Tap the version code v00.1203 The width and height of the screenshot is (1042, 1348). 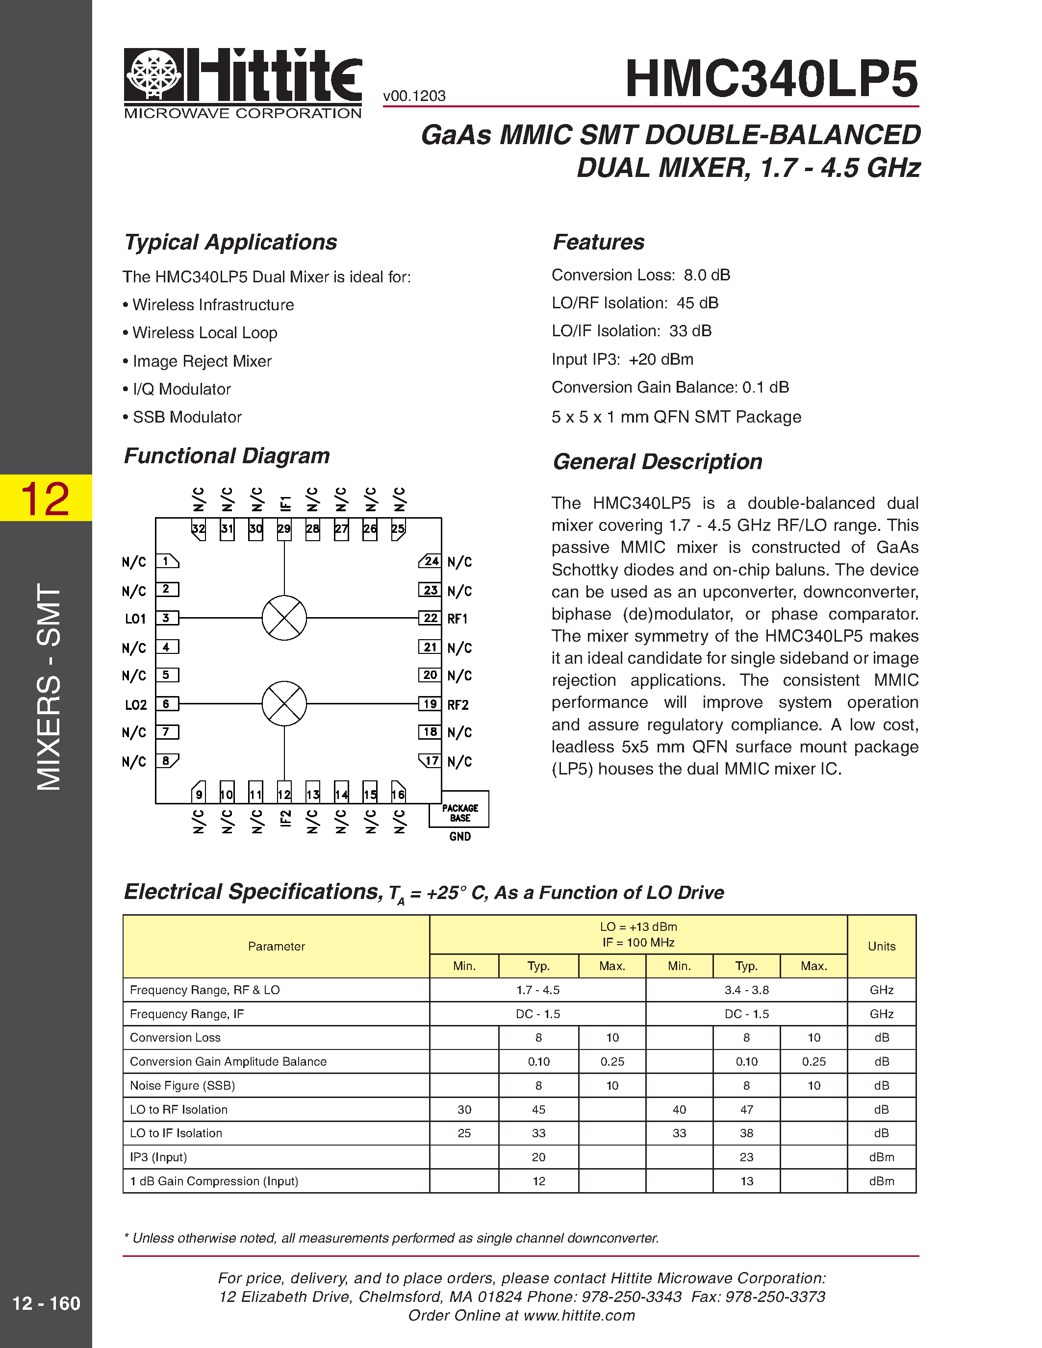(414, 96)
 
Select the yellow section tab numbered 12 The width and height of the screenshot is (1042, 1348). (46, 498)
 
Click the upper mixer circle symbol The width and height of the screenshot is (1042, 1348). (284, 618)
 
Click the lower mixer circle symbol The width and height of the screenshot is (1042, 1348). (284, 703)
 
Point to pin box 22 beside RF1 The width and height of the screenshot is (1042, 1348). (430, 618)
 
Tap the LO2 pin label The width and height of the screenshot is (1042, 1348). (136, 705)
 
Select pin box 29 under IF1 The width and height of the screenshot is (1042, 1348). (284, 529)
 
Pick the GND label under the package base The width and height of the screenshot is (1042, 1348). (460, 837)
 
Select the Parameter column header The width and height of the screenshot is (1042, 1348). (276, 946)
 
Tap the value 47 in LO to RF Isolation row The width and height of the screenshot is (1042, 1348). (746, 1110)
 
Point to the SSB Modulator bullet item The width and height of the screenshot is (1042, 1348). (186, 417)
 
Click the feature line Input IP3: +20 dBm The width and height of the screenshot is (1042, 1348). (622, 359)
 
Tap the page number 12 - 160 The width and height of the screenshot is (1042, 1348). (46, 1303)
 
